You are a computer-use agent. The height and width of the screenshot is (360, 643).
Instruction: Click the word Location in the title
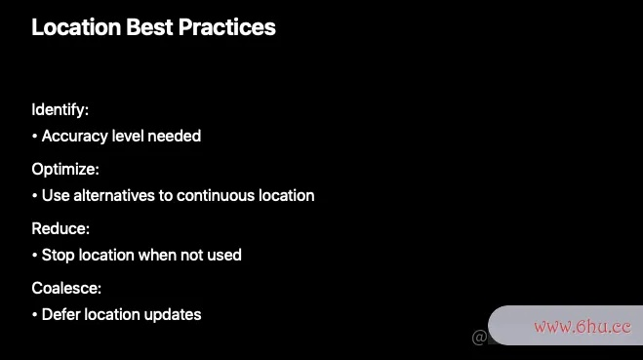point(76,27)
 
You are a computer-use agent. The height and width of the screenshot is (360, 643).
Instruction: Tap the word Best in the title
point(149,27)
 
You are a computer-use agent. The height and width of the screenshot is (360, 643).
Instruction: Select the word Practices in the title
point(227,27)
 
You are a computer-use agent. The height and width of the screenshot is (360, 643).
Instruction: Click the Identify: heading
point(60,110)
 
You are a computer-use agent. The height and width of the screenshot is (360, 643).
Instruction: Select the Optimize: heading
point(65,170)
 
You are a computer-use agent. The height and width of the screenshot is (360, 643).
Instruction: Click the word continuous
point(216,195)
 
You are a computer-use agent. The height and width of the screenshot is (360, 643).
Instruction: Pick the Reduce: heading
point(60,228)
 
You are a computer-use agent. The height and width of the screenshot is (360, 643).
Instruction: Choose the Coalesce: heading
point(66,288)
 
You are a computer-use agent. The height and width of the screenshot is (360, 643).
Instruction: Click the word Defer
point(60,314)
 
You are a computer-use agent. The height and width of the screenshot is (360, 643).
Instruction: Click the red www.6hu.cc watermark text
point(583,327)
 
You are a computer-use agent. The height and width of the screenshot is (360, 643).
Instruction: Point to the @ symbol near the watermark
point(479,338)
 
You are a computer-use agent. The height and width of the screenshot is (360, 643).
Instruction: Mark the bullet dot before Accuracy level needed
point(34,137)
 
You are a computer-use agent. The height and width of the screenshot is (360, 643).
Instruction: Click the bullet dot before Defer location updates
point(34,315)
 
